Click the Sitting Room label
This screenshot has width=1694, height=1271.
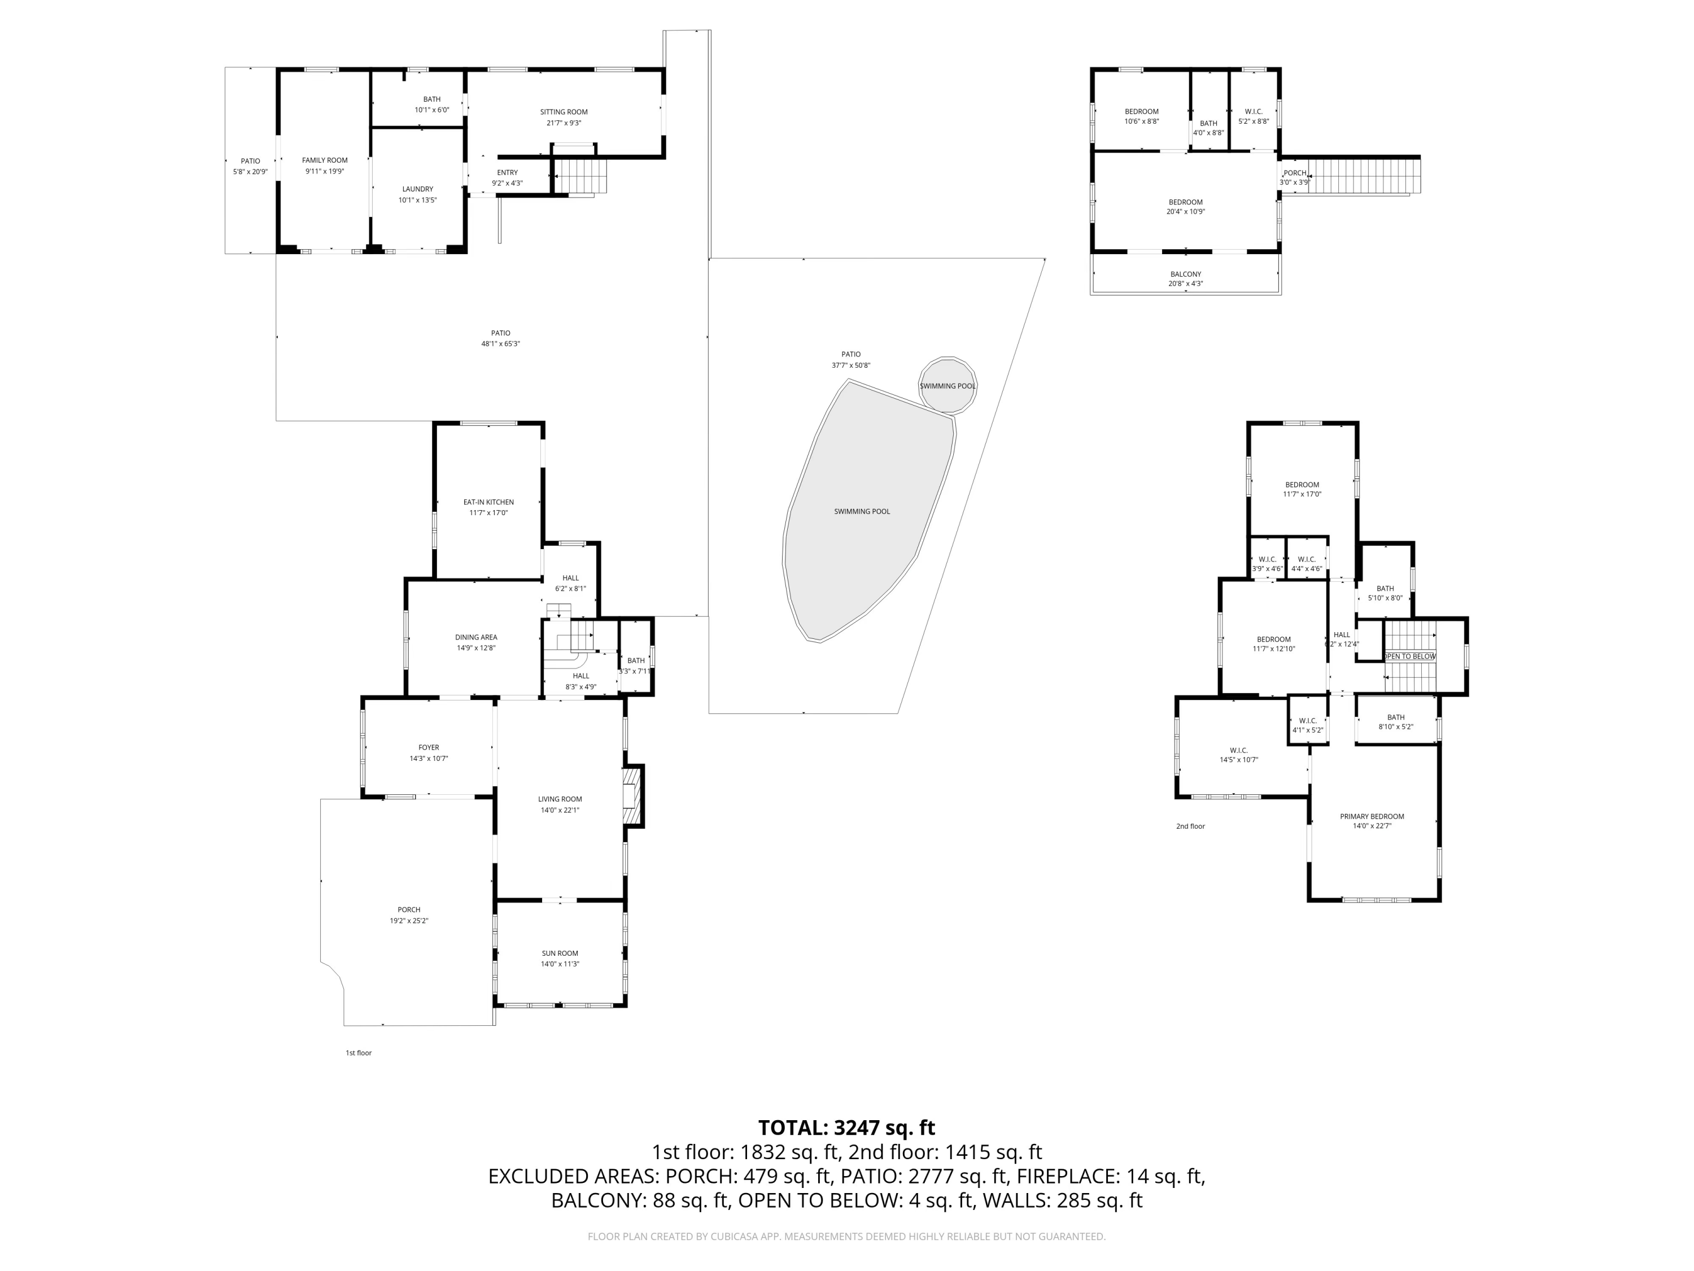tap(564, 112)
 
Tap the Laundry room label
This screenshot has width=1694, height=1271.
tap(417, 189)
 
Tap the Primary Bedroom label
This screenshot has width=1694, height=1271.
tap(1372, 817)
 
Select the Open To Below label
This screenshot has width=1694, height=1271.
tap(1409, 656)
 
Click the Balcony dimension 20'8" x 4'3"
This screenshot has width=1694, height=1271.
tap(1185, 284)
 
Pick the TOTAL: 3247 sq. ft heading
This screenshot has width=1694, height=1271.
tap(846, 1128)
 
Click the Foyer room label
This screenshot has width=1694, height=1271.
tap(428, 748)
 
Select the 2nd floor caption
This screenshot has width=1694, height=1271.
tap(1190, 826)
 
